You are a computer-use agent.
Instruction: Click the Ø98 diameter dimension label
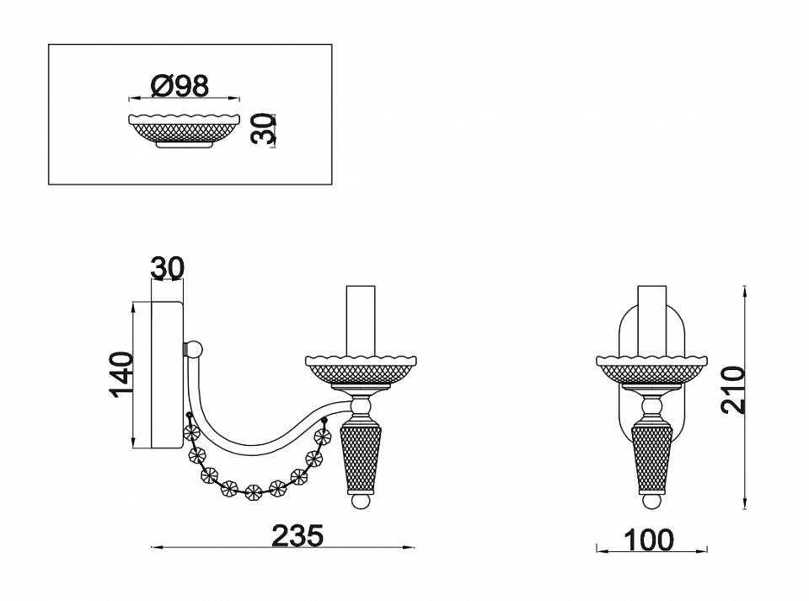180,86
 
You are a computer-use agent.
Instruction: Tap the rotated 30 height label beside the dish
262,129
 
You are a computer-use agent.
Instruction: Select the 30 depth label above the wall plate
167,268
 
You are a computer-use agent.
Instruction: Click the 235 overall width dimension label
297,535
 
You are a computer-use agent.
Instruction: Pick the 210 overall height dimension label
733,390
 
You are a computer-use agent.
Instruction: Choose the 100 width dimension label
649,539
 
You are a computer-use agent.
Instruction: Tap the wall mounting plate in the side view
166,374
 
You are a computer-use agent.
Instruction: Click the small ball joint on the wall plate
194,349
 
